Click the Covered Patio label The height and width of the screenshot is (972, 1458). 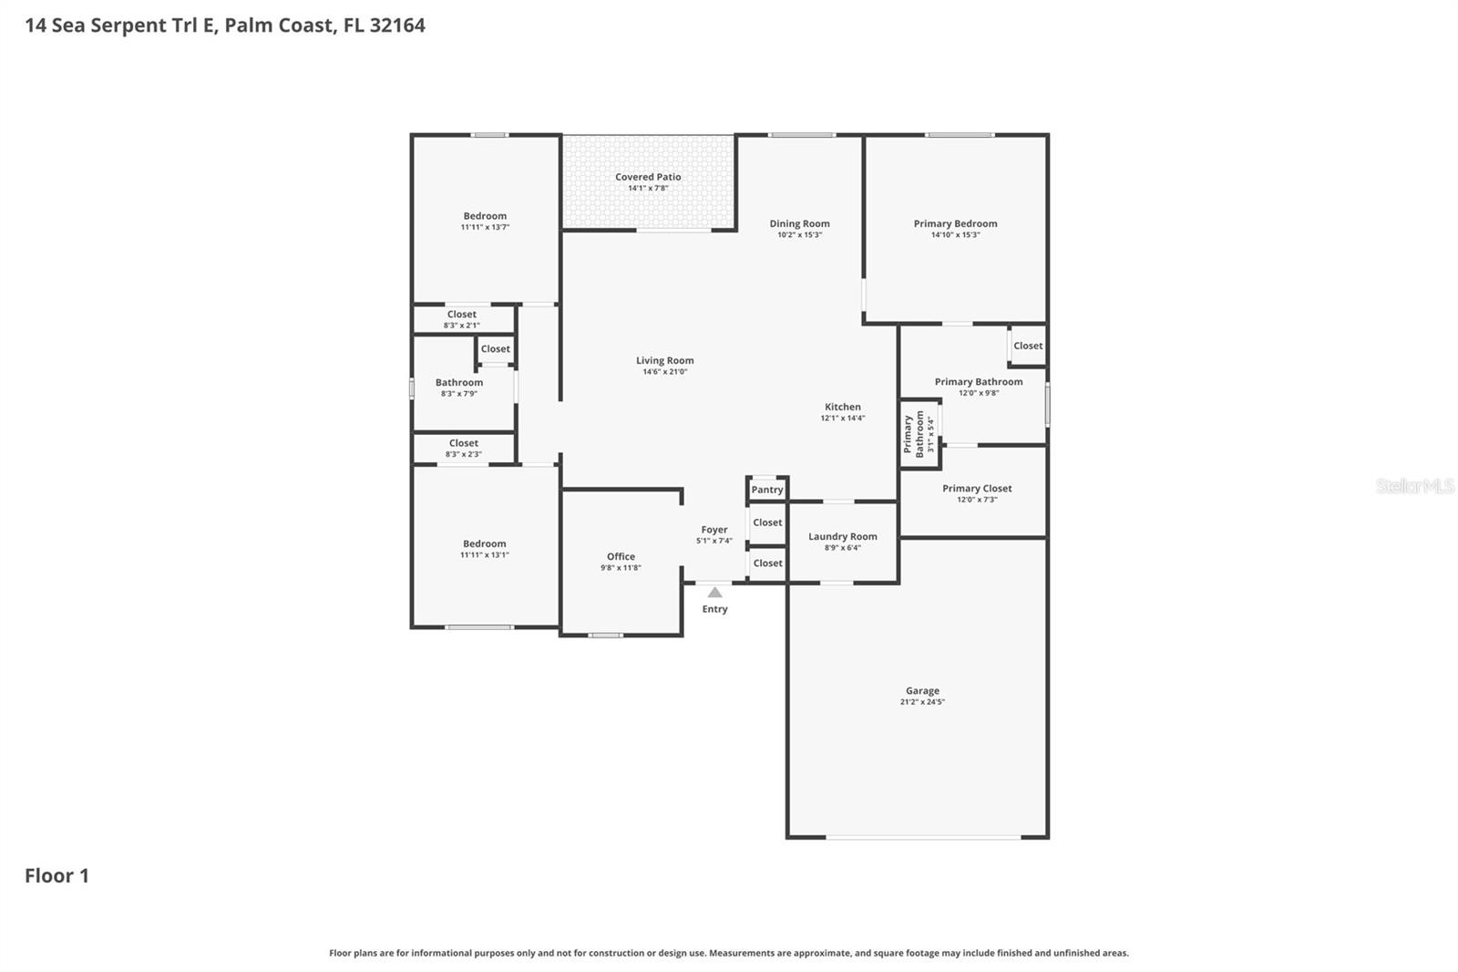click(648, 177)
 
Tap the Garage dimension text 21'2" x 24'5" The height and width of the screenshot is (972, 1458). click(922, 702)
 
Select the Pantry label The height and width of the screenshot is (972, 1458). click(767, 490)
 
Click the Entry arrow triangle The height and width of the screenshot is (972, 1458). click(715, 593)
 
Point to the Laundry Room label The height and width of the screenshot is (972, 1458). click(843, 536)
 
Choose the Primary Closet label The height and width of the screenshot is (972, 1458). click(977, 488)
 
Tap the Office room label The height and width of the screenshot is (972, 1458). click(621, 556)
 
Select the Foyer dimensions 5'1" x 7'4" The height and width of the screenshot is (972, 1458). click(714, 541)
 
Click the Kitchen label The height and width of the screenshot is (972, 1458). click(843, 407)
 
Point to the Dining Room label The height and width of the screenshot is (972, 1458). click(799, 223)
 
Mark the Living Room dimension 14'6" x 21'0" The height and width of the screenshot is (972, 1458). click(665, 372)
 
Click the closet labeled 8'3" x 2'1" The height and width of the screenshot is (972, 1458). click(462, 319)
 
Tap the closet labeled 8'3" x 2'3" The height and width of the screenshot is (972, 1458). click(463, 448)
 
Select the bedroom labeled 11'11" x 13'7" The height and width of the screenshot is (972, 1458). click(485, 221)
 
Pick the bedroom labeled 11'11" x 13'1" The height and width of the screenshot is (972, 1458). click(485, 548)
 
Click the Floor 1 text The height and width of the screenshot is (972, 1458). click(56, 876)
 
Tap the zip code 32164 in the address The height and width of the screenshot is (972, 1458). click(397, 26)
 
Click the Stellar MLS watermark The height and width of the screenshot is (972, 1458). click(1414, 486)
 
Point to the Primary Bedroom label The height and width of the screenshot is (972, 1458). click(955, 223)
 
